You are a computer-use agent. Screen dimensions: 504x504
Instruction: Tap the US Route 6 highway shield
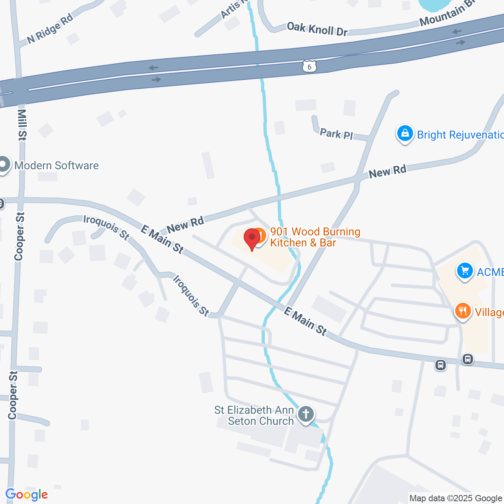(x=309, y=67)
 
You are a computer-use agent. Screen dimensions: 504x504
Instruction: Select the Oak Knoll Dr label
(x=317, y=29)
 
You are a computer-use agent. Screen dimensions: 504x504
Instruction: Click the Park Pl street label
(x=336, y=134)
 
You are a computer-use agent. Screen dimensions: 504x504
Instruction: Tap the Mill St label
(x=22, y=124)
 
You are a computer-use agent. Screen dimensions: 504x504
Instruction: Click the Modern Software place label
(x=56, y=165)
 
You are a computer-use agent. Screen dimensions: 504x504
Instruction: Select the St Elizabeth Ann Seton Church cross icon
(x=306, y=414)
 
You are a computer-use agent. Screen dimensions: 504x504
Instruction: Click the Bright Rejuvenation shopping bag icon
(x=405, y=134)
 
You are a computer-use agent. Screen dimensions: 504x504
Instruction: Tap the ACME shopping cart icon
(x=465, y=271)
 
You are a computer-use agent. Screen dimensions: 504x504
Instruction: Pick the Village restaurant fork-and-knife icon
(x=463, y=311)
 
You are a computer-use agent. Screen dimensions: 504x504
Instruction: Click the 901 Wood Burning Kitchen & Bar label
(x=315, y=237)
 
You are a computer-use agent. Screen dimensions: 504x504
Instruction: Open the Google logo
(x=27, y=495)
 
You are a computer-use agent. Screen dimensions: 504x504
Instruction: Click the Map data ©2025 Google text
(x=456, y=498)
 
